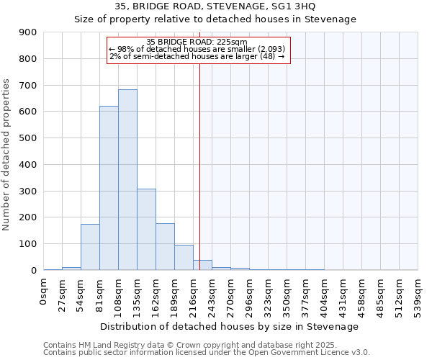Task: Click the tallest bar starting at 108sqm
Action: coord(127,180)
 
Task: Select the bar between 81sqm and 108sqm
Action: coord(109,188)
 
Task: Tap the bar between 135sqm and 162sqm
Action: coord(146,229)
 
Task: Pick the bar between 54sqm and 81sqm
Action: coord(90,247)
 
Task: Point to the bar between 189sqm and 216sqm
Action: coord(184,257)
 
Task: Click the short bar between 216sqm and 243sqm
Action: coord(202,265)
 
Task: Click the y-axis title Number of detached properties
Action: coord(7,155)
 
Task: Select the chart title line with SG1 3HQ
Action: coord(216,6)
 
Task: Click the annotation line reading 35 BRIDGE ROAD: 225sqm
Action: coord(197,42)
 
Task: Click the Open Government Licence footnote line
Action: coord(207,352)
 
